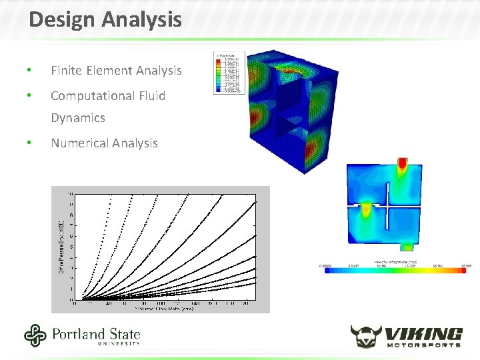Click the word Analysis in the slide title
(x=141, y=19)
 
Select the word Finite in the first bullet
(x=67, y=70)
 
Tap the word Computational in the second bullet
(x=91, y=95)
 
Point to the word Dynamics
(x=78, y=118)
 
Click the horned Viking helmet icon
(x=366, y=335)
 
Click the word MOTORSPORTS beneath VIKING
(x=424, y=345)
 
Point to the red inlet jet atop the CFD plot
(x=403, y=165)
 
